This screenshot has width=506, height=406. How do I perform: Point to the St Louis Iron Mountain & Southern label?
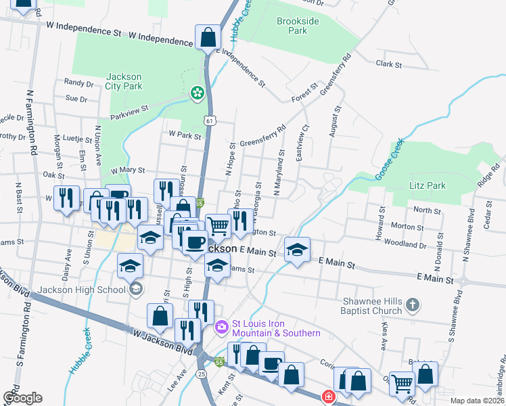(x=276, y=328)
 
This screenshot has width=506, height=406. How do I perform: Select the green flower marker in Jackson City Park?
(x=197, y=93)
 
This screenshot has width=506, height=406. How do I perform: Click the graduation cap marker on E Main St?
(x=297, y=249)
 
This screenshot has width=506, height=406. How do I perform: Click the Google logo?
(x=22, y=398)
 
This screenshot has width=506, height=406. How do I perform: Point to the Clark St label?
(x=389, y=65)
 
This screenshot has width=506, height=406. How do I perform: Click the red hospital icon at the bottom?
(x=328, y=397)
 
